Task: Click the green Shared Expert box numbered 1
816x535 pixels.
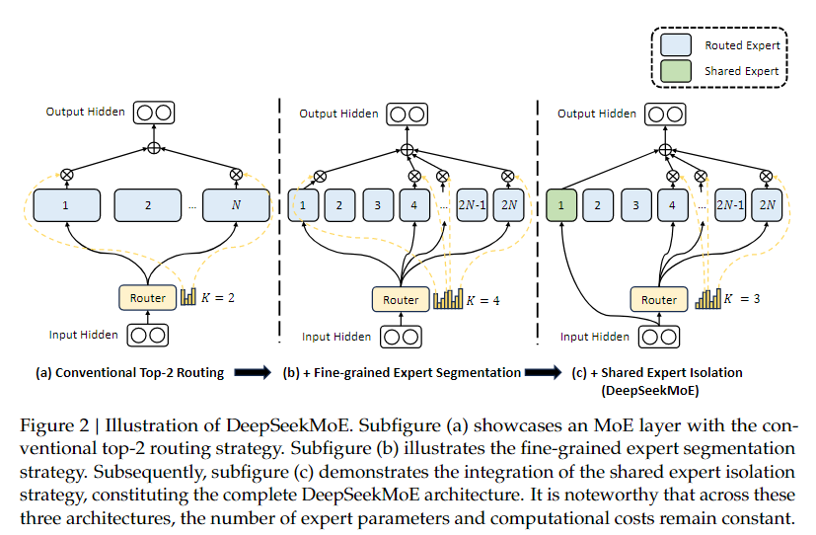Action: (x=561, y=205)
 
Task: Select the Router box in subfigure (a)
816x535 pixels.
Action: (x=148, y=298)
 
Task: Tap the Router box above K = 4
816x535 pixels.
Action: (x=401, y=300)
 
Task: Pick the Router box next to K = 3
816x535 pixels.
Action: (x=659, y=300)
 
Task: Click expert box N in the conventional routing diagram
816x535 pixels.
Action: (x=236, y=205)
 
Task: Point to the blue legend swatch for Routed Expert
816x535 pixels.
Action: (x=676, y=44)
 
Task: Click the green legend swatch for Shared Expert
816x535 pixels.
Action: (x=676, y=71)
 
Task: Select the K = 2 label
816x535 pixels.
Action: (x=218, y=298)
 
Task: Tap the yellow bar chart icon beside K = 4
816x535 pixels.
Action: (x=448, y=299)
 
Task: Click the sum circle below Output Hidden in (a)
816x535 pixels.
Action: (x=154, y=148)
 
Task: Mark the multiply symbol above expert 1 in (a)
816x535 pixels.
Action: (x=67, y=175)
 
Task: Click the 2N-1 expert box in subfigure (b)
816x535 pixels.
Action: (x=472, y=205)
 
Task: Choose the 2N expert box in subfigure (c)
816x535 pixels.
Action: (x=767, y=205)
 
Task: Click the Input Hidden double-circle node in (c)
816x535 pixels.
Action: (x=659, y=337)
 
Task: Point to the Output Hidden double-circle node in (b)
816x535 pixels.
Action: (x=407, y=114)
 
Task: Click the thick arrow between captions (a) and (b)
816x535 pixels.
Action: (x=253, y=373)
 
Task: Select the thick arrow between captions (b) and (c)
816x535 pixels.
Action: (x=544, y=373)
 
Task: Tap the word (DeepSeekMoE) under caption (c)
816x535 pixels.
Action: (x=650, y=390)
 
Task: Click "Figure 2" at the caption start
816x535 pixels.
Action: (x=54, y=425)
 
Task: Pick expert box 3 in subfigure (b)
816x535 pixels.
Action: (x=378, y=205)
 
